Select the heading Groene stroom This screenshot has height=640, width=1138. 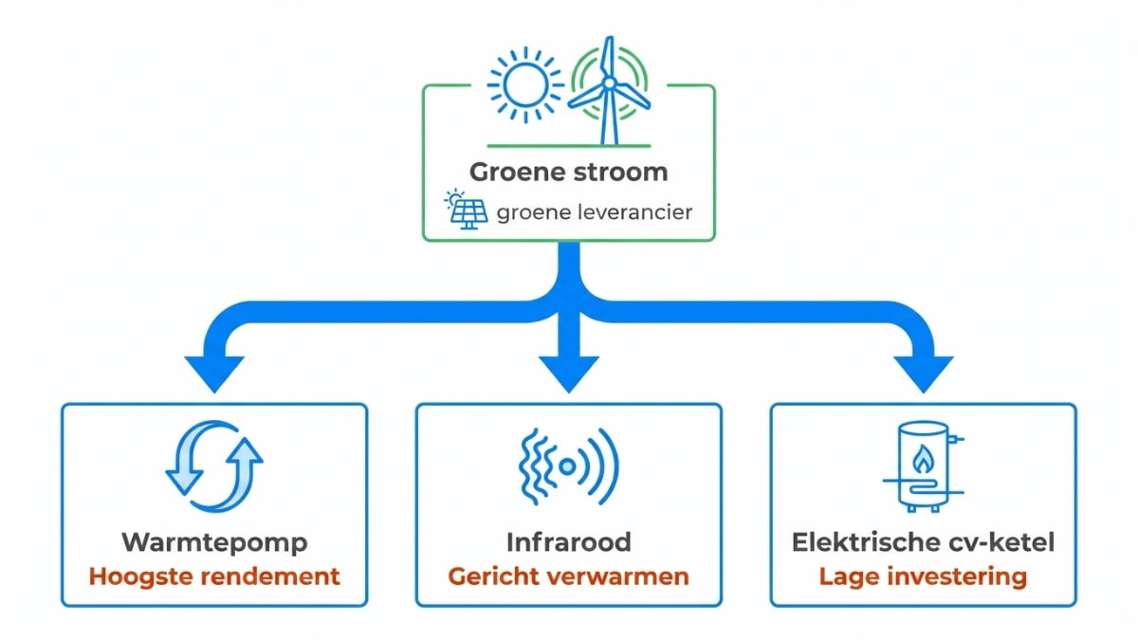[568, 173]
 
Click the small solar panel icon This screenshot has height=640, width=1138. [467, 210]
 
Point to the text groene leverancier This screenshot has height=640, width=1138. [594, 211]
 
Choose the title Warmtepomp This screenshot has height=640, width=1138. [214, 543]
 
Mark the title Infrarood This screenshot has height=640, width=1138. [569, 543]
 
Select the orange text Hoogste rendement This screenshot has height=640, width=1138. [214, 576]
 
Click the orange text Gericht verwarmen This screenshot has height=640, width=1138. [569, 576]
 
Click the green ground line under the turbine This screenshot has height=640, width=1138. [569, 146]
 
